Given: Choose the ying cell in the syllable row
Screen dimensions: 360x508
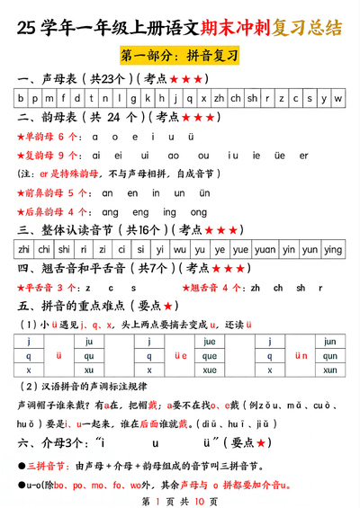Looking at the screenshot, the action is click(333, 249).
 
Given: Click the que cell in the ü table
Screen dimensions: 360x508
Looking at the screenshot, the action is click(210, 355).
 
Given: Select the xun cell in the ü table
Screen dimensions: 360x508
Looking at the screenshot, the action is click(329, 370).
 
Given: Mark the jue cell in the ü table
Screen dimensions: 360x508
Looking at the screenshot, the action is click(210, 342).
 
